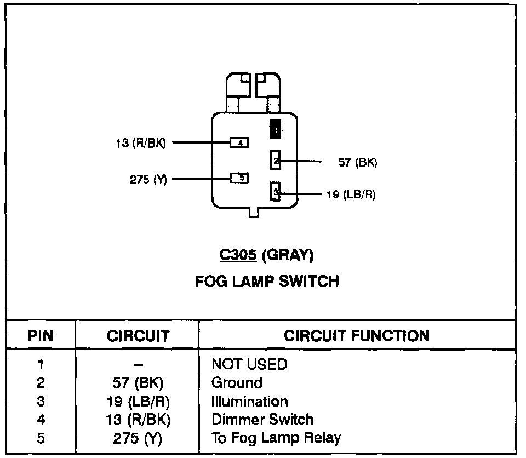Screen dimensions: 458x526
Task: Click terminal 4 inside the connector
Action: (239, 143)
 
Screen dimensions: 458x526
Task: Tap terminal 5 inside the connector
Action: (239, 178)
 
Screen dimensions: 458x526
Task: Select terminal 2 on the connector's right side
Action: (276, 161)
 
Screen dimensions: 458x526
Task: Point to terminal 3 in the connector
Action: (276, 192)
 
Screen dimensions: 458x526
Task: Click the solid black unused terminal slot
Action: (276, 129)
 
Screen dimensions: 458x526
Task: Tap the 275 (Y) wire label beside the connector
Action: (148, 179)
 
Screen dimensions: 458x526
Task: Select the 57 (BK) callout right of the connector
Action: (358, 163)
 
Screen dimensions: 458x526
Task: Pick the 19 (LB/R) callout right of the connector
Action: (351, 194)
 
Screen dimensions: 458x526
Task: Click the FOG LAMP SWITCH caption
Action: (267, 282)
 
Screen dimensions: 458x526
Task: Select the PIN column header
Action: (41, 335)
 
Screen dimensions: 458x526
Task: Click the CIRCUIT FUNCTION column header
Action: (357, 335)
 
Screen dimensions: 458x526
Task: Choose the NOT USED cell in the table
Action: (249, 364)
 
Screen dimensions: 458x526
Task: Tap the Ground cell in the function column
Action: (237, 382)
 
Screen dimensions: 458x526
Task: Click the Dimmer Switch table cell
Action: (262, 420)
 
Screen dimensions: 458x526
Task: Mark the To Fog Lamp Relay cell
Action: (276, 438)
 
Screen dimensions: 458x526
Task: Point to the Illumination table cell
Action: (249, 401)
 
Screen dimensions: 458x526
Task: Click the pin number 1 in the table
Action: (41, 364)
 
